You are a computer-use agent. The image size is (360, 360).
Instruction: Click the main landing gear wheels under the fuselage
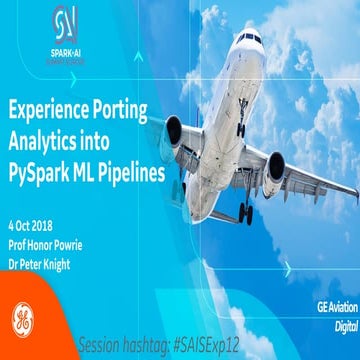coord(246,212)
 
